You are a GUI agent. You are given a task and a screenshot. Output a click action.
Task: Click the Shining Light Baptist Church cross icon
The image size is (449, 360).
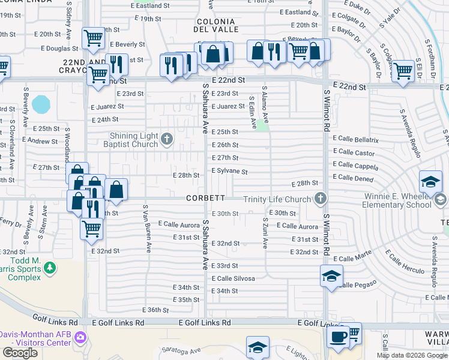tap(167, 140)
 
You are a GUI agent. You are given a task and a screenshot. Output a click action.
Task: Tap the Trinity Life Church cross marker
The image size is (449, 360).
tap(321, 199)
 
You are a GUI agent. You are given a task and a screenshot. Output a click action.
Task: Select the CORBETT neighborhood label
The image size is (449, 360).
tap(205, 197)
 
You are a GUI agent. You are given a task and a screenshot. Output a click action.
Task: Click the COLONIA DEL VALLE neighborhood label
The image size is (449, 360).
tap(217, 25)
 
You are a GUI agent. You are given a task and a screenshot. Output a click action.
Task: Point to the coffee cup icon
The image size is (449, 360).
tap(338, 335)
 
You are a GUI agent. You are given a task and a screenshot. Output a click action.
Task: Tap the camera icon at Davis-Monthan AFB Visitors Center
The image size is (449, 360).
tap(80, 337)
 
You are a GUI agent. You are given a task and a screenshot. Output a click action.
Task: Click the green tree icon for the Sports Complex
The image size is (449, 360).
tap(52, 266)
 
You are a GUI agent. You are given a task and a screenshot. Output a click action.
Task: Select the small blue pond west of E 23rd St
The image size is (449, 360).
tap(41, 105)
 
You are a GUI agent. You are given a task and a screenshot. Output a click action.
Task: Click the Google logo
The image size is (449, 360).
tap(20, 353)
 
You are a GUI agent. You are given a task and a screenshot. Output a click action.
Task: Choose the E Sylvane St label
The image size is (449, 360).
tap(229, 172)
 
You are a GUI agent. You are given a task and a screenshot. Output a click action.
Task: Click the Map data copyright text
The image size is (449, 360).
tap(411, 355)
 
